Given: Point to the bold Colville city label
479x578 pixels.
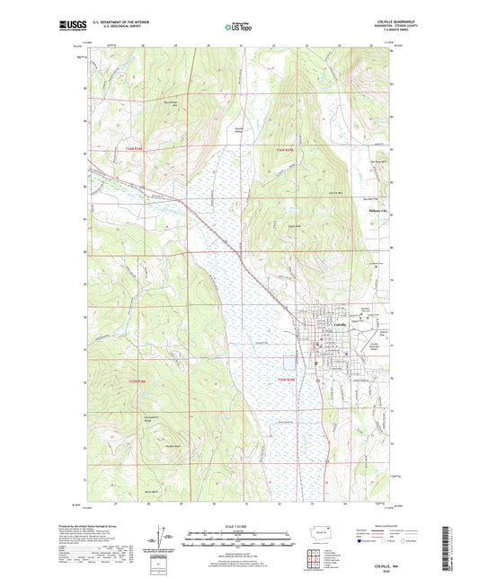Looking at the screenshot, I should (x=342, y=324).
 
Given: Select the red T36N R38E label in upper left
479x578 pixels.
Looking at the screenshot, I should (x=134, y=149).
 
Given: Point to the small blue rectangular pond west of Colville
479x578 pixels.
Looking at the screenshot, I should (x=289, y=364).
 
